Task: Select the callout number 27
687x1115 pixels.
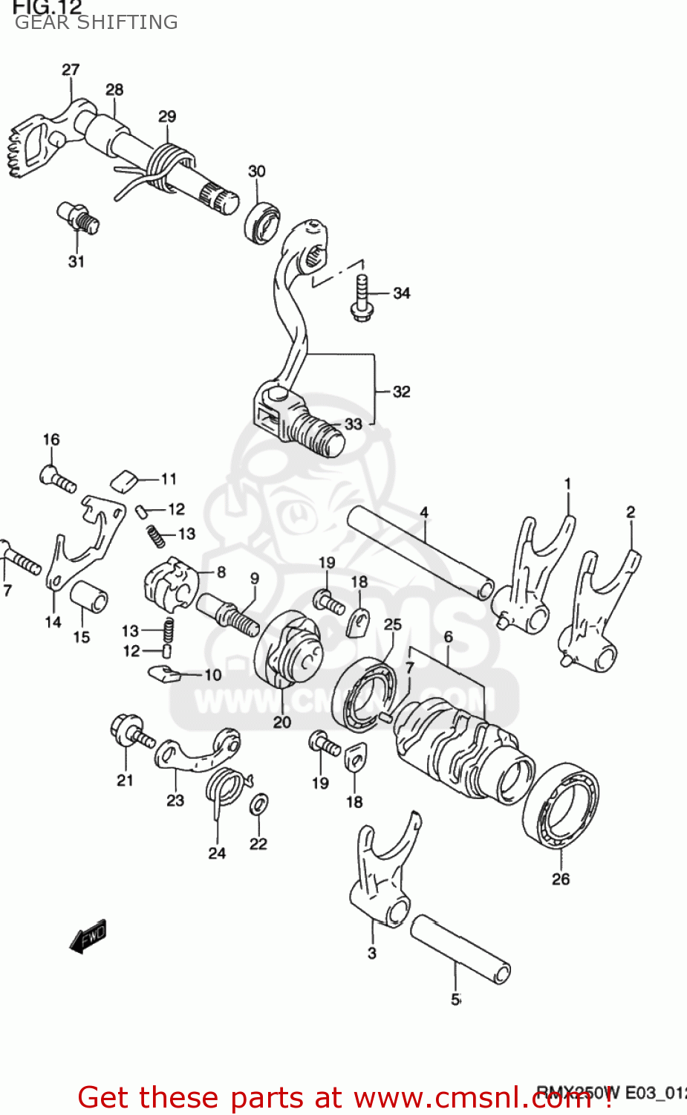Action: point(71,70)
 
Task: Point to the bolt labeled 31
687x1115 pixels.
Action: point(78,216)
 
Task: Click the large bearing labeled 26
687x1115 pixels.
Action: point(561,804)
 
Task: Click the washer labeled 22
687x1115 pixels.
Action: point(259,804)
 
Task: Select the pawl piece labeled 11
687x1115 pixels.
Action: point(124,480)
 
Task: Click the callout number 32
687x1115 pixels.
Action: point(401,392)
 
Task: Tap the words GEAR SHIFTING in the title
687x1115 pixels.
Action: point(97,22)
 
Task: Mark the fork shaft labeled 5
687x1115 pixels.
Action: point(460,948)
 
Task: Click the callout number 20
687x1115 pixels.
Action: point(282,722)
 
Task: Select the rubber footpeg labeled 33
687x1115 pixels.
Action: point(317,433)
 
